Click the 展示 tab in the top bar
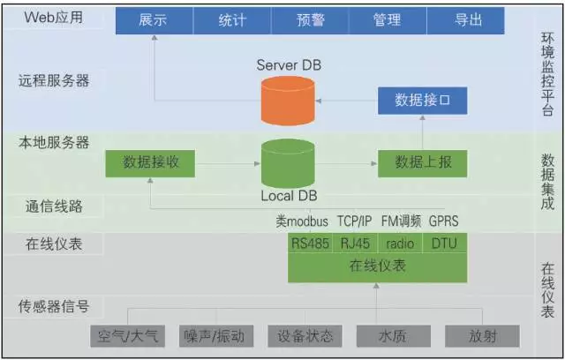click(x=153, y=19)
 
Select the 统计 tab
click(x=232, y=19)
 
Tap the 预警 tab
click(x=309, y=19)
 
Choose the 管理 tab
click(x=387, y=19)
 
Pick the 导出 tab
click(x=466, y=19)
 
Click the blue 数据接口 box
click(x=423, y=101)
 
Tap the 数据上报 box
click(x=423, y=162)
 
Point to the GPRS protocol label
click(x=443, y=221)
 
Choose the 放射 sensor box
click(x=482, y=336)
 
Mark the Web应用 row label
click(x=54, y=17)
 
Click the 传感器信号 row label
click(x=54, y=307)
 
